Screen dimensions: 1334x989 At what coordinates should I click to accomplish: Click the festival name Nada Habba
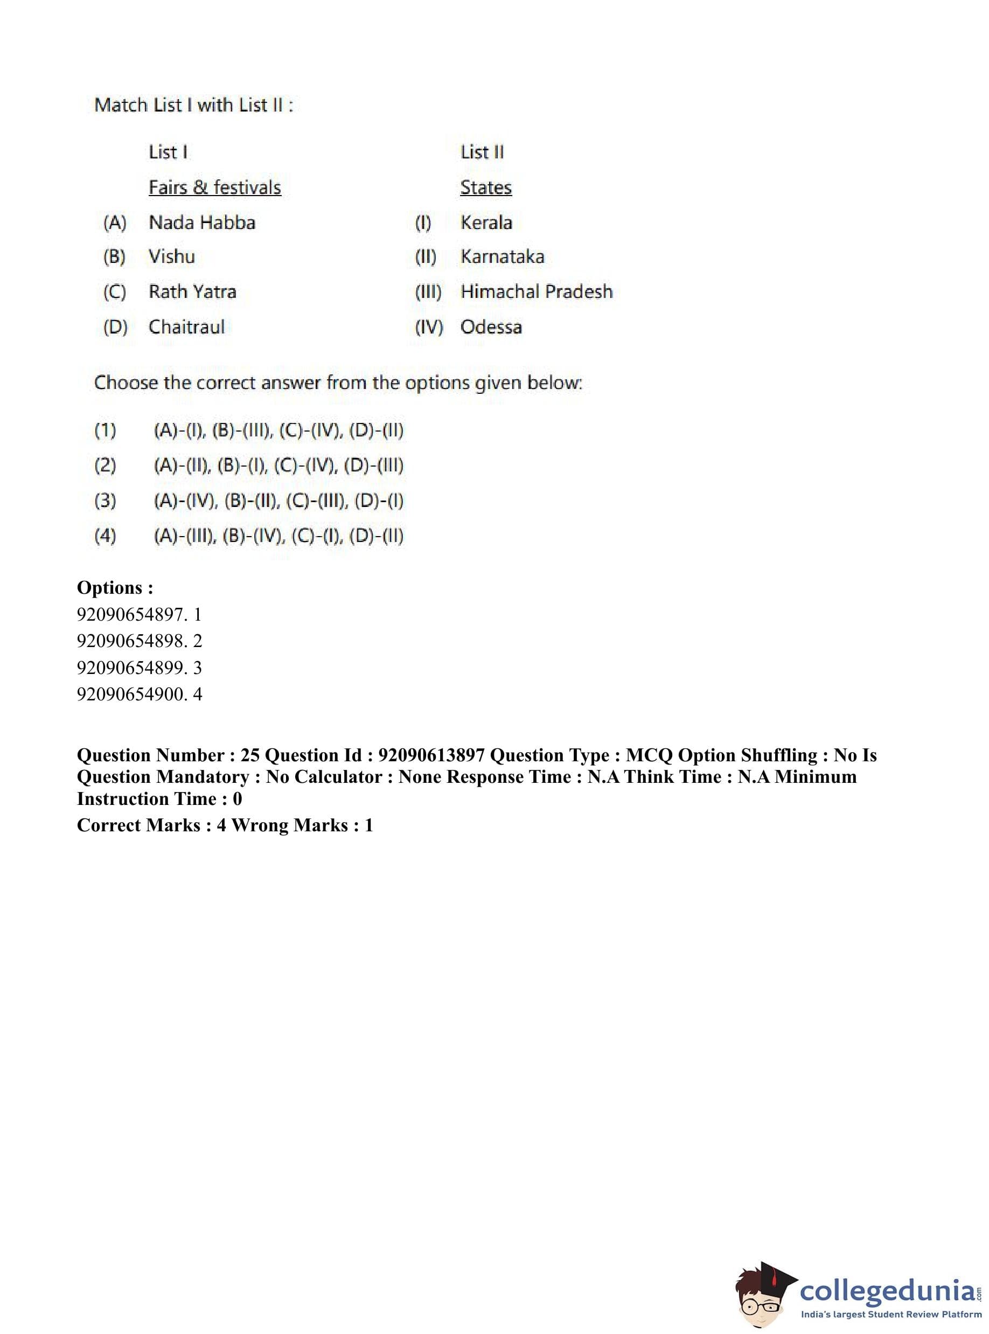[202, 223]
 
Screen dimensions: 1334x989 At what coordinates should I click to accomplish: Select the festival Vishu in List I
[172, 257]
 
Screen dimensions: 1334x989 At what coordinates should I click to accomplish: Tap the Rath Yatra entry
[192, 291]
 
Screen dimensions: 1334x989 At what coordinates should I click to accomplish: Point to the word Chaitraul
[187, 327]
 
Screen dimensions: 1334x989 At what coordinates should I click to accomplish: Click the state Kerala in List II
[486, 223]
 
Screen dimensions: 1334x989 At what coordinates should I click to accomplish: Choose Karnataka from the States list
[502, 257]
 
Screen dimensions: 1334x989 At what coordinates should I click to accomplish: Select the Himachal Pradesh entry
[537, 291]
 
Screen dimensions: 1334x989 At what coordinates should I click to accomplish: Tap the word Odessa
[491, 327]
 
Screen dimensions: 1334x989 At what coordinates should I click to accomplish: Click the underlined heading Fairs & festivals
[214, 187]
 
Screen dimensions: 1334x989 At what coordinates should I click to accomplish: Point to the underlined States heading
[485, 187]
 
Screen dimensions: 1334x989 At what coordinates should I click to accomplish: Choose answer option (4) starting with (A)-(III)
[278, 536]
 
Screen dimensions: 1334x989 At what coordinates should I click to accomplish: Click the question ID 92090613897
[431, 755]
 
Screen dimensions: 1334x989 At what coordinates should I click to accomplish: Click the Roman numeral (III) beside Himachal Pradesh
[428, 292]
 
